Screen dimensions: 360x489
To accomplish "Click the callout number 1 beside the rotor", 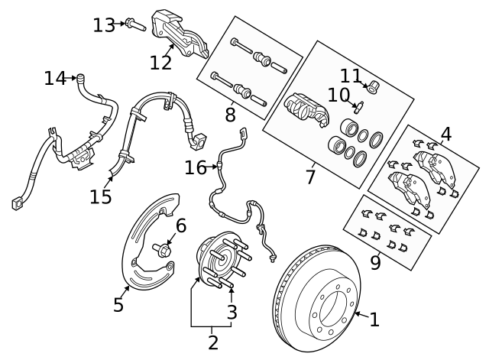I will (374, 319).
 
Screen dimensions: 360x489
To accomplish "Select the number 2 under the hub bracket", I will (213, 342).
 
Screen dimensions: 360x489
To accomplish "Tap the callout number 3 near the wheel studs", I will (232, 312).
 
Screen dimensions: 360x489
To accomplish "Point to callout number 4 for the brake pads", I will (445, 135).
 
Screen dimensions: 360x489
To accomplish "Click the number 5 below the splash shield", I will (118, 305).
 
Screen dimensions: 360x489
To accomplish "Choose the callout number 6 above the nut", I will (181, 225).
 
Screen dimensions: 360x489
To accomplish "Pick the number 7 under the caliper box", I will (310, 177).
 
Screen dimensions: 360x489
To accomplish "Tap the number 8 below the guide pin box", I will (230, 115).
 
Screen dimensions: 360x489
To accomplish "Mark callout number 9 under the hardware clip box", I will (375, 263).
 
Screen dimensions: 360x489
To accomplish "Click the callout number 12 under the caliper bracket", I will (160, 61).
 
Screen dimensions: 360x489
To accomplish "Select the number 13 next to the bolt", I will (104, 25).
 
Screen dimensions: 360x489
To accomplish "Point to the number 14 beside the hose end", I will (55, 78).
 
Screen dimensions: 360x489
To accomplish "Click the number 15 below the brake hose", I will (101, 196).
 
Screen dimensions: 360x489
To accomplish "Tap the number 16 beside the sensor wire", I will (196, 167).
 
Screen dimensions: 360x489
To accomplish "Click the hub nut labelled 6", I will (165, 249).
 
